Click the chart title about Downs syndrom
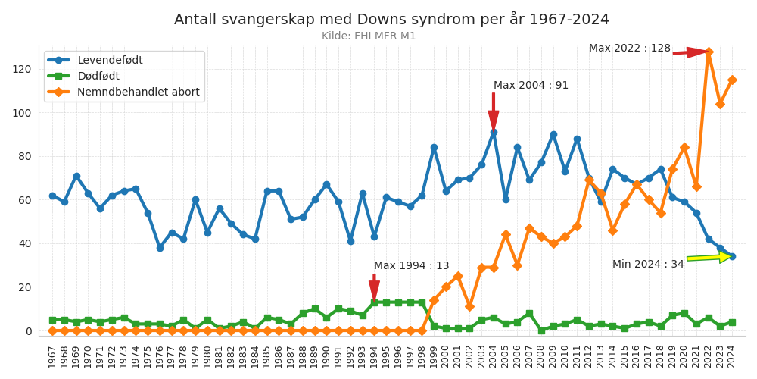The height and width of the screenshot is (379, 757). coord(391,20)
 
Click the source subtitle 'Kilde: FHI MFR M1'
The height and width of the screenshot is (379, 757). coord(369,36)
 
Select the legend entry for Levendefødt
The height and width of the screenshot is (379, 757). coord(110,61)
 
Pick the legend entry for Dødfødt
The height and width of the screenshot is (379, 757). coord(98,77)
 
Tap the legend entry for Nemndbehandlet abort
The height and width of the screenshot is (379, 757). coord(139,92)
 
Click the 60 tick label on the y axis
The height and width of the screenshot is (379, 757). coord(25,200)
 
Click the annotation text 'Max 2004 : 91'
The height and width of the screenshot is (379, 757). coord(531,86)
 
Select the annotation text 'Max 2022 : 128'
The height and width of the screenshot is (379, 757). coord(630,49)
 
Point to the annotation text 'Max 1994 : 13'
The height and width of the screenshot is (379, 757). coord(411,266)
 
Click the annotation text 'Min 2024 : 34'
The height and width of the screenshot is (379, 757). coord(648,265)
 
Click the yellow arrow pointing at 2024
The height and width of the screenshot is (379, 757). coord(709,258)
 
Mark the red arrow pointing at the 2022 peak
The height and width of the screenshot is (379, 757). coord(690,52)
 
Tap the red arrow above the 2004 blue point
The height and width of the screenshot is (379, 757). coord(494,112)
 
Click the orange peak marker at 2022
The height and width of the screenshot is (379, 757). coord(709,52)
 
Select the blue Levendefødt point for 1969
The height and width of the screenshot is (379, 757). coord(76,176)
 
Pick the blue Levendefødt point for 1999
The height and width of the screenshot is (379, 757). coord(434,148)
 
